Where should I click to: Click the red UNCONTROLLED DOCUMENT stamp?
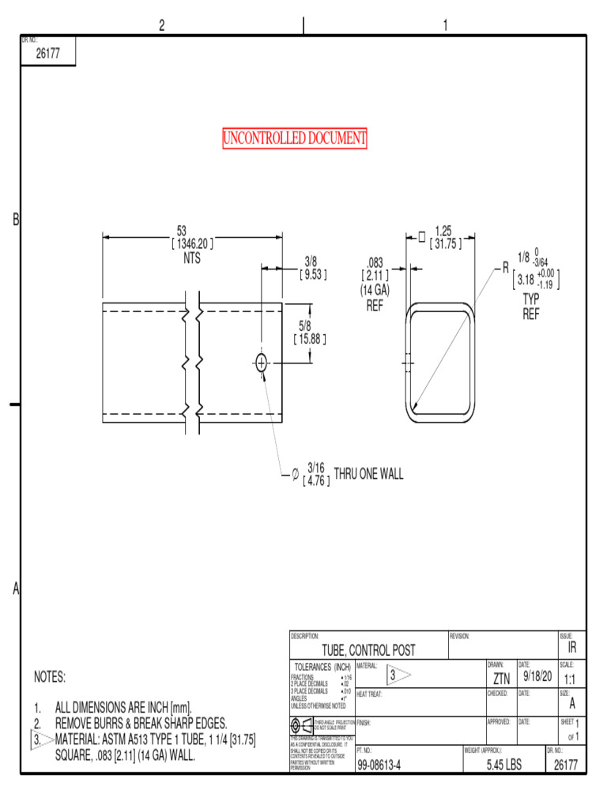point(295,139)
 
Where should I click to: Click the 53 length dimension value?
point(181,231)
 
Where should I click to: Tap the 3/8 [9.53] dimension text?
point(311,268)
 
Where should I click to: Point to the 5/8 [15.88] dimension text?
point(309,333)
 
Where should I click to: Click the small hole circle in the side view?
point(261,363)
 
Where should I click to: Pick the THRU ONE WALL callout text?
point(368,474)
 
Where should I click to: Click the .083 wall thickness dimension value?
point(374,262)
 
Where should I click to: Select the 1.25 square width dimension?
point(443,231)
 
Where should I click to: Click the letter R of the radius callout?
point(506,269)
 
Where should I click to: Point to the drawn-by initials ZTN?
point(501,679)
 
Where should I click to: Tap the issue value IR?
point(572,648)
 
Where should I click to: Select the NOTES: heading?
point(50,677)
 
